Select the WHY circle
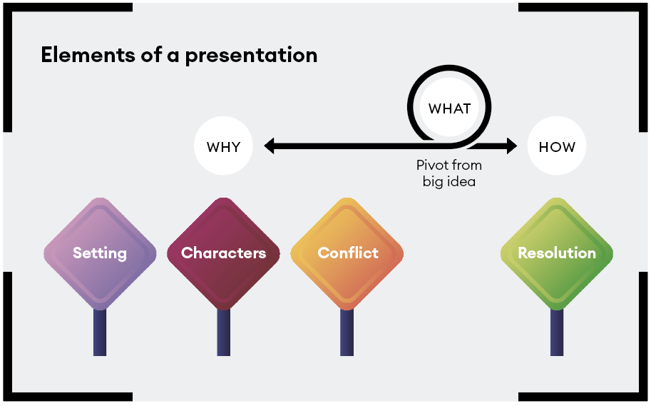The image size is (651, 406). (223, 147)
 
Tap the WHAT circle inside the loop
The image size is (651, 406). (449, 108)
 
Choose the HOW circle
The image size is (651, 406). (556, 147)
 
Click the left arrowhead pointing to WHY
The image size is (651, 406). (270, 147)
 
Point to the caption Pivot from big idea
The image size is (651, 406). (448, 173)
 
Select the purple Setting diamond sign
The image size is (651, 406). (100, 253)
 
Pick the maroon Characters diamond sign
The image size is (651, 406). (223, 253)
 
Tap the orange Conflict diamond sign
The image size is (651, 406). (347, 253)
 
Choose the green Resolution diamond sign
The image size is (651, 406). (556, 253)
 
